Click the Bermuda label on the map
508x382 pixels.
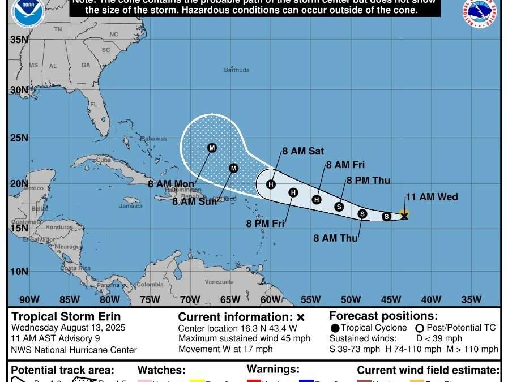click(x=236, y=70)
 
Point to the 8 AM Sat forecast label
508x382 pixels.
click(x=304, y=151)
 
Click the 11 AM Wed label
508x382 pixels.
click(x=432, y=197)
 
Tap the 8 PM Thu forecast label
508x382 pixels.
click(x=368, y=181)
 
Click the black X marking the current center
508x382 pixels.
click(x=404, y=216)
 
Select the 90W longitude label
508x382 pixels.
click(x=29, y=299)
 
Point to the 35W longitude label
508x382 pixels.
click(x=471, y=299)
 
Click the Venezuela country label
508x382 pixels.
click(x=219, y=282)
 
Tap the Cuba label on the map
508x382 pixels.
click(x=103, y=160)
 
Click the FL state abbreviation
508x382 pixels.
click(x=94, y=105)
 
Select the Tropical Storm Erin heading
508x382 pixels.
click(x=66, y=317)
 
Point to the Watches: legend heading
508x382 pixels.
click(x=161, y=370)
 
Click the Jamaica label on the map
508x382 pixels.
click(x=131, y=206)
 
